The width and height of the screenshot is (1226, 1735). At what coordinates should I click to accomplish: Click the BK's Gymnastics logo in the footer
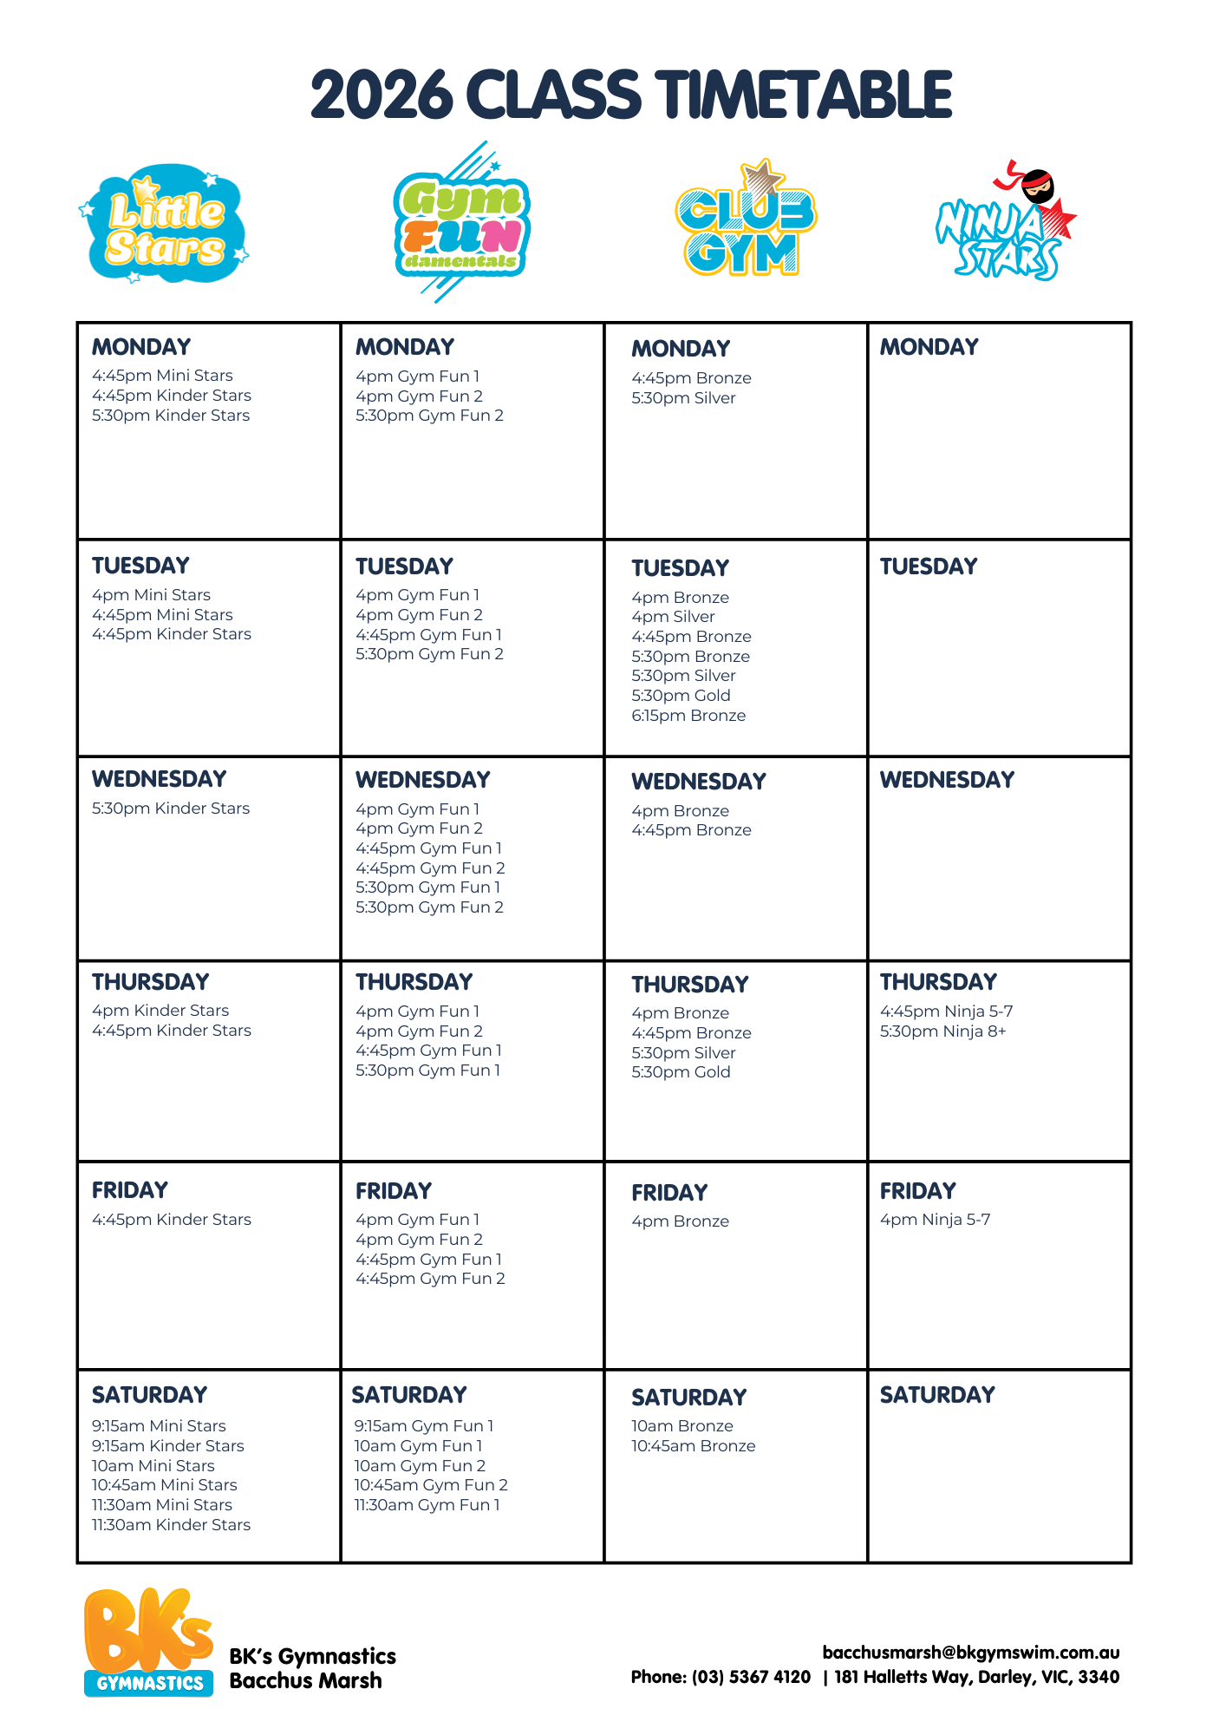tap(148, 1642)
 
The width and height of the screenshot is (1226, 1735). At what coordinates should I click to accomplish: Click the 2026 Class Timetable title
tap(630, 95)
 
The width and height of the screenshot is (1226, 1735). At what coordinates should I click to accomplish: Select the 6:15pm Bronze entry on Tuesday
tap(688, 716)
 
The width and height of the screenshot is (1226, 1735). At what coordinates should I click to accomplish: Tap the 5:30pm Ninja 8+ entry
tap(942, 1031)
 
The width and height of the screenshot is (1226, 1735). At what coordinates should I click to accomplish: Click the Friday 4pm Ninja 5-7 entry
tap(935, 1220)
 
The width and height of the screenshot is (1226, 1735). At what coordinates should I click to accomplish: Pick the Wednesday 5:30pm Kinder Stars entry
tap(171, 809)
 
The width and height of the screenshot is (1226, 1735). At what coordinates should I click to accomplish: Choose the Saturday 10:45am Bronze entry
tap(693, 1446)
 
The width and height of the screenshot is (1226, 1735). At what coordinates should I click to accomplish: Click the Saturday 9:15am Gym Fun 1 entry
tap(423, 1426)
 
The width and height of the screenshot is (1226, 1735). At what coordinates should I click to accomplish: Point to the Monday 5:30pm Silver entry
tap(683, 398)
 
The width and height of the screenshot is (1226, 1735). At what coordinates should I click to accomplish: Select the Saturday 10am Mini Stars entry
tap(153, 1466)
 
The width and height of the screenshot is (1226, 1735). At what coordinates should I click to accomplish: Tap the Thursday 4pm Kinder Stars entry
tap(160, 1011)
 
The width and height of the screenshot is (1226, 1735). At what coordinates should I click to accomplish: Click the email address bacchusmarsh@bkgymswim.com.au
tap(970, 1653)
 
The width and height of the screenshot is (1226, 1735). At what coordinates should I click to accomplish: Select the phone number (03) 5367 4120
tap(751, 1677)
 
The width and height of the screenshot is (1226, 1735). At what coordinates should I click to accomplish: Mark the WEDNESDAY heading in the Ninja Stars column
tap(947, 780)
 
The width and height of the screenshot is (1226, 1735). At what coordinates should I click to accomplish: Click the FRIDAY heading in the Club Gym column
tap(669, 1193)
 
